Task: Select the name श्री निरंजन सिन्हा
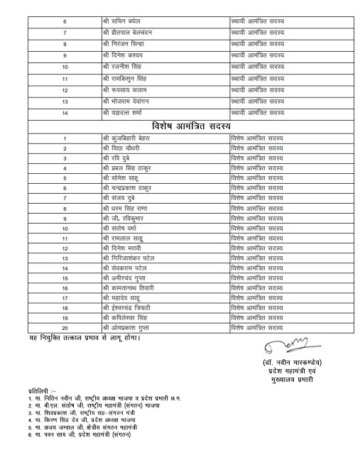[x=126, y=44]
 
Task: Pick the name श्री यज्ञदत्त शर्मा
[x=127, y=113]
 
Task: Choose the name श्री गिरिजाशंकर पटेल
[x=133, y=259]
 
